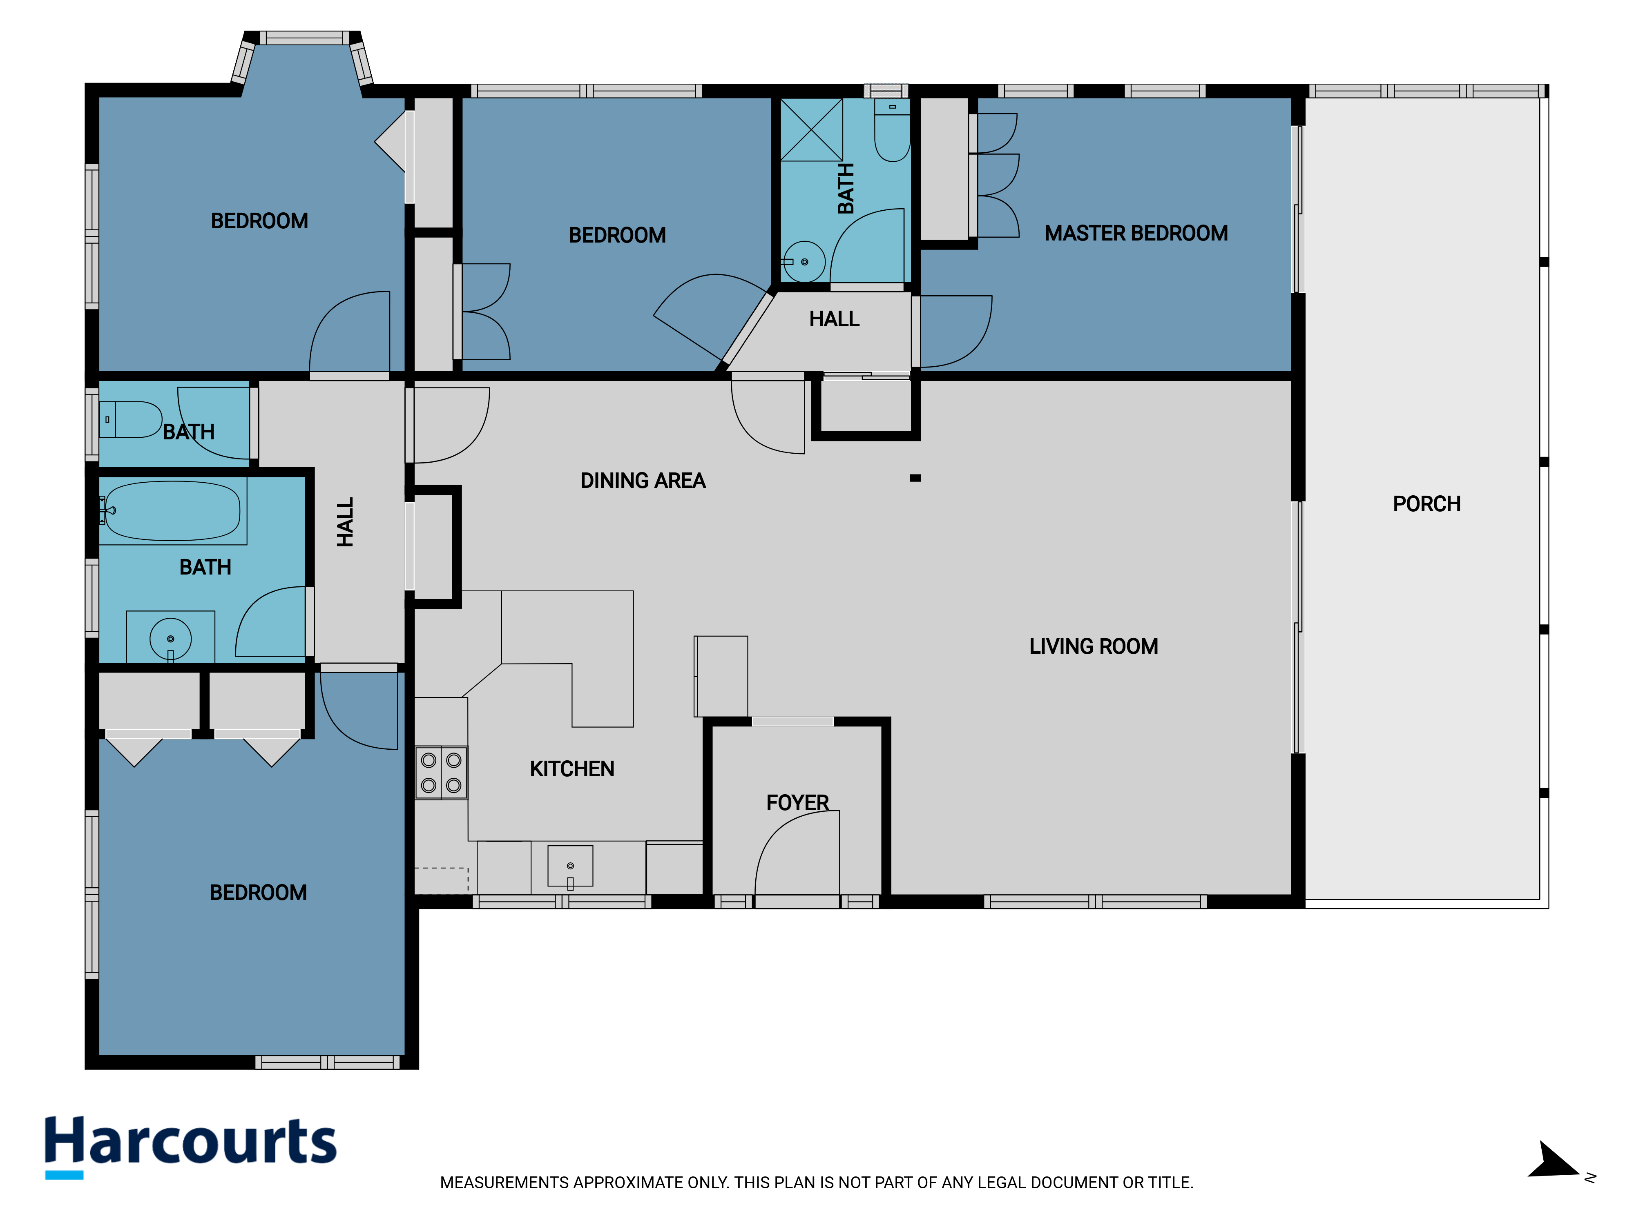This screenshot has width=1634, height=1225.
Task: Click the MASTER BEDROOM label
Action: tap(1136, 233)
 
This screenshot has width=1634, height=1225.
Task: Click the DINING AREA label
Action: tap(643, 481)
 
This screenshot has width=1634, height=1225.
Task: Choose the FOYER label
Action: tap(798, 803)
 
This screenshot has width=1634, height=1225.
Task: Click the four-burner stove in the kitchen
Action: tap(441, 773)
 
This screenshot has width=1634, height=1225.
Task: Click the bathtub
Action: tap(172, 511)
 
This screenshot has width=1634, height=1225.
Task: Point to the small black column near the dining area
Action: tap(915, 479)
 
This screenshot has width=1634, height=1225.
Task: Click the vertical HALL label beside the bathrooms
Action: tap(345, 522)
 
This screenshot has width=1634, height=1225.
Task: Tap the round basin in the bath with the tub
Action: tap(171, 639)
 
